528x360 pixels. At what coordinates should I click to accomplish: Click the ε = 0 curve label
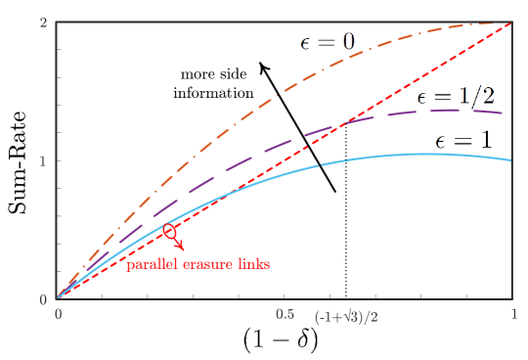coord(327,41)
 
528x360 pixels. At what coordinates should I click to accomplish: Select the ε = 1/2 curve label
coord(455,96)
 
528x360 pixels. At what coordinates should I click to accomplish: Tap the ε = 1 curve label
coord(462,141)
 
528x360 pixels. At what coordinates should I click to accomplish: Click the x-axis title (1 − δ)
coord(281,339)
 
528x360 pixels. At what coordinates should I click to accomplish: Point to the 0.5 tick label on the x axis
coord(285,315)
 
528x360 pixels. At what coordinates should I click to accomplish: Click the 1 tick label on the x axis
coord(513,315)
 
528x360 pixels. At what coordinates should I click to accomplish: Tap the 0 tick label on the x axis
coord(59,315)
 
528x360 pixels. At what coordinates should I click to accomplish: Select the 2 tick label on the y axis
coord(44,22)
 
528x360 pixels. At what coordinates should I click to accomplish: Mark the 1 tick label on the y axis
coord(44,160)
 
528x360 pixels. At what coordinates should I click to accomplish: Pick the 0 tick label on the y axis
coord(44,299)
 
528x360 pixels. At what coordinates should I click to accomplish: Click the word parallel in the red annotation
coord(151,264)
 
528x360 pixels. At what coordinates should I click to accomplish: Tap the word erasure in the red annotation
coord(206,264)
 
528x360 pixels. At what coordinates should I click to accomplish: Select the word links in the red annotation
coord(252,264)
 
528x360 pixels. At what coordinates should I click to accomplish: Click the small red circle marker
coord(170,232)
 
